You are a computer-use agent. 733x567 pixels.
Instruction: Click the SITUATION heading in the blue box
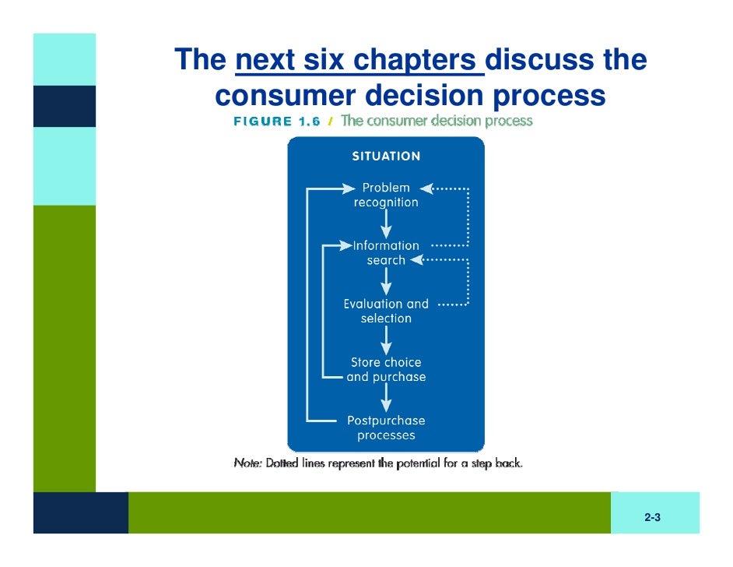tap(386, 156)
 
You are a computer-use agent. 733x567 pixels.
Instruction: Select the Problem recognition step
tap(386, 195)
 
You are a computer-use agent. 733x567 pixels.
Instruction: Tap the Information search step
tap(386, 252)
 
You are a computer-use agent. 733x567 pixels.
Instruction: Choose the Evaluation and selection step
tap(386, 311)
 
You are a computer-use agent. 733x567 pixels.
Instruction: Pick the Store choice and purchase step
tap(386, 369)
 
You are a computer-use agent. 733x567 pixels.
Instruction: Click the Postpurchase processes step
tap(386, 428)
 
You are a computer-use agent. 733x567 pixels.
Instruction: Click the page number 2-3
tap(652, 517)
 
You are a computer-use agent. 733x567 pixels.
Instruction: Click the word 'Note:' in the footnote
tap(247, 463)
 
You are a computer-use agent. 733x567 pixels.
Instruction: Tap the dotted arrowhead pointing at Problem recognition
tap(426, 188)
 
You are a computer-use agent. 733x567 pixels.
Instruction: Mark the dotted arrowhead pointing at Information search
tap(416, 260)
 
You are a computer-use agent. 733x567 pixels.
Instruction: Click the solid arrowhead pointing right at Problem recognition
tap(349, 188)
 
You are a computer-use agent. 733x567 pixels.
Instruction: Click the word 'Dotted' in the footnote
tap(282, 463)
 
